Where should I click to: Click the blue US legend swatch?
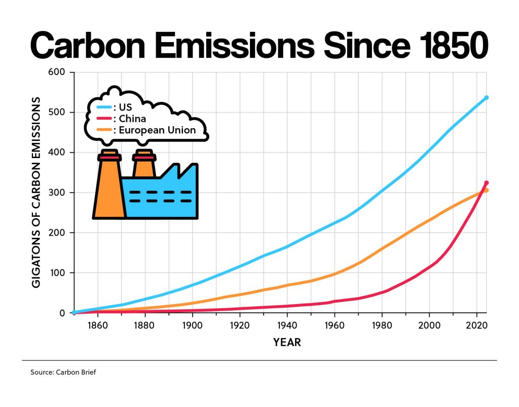tap(105, 107)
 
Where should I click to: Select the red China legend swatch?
tap(105, 119)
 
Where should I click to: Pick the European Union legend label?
tap(158, 130)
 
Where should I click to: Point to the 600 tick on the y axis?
tap(57, 72)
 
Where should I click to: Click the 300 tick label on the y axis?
tap(57, 193)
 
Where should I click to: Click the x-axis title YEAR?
tap(287, 343)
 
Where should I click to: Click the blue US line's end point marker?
tap(486, 97)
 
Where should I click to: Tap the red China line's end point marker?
tap(486, 183)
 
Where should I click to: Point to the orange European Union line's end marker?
tap(487, 191)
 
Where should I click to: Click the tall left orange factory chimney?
tap(109, 188)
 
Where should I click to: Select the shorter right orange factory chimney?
tap(144, 165)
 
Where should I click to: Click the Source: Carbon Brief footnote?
tap(63, 373)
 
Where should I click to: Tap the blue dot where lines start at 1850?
tap(75, 312)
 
